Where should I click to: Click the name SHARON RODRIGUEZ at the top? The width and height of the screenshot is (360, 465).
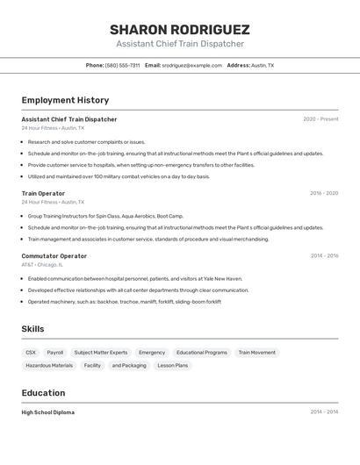(180, 29)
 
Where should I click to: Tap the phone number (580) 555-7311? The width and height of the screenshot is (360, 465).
(122, 65)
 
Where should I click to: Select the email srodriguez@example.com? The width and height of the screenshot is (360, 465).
(192, 65)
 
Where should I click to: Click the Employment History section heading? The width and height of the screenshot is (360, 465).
(65, 100)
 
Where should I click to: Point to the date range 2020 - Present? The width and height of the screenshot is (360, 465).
(320, 119)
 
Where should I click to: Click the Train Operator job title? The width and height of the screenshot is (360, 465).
(43, 193)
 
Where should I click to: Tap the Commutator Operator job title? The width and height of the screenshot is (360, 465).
(54, 256)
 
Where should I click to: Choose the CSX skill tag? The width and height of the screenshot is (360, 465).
(31, 352)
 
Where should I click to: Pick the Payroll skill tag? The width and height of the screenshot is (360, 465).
(55, 352)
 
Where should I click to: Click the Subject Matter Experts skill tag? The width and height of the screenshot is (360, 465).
(101, 352)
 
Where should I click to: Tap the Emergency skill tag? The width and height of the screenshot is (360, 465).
(152, 352)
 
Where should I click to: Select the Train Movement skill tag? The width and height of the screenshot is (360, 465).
(256, 352)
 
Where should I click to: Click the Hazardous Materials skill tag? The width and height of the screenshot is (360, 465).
(49, 365)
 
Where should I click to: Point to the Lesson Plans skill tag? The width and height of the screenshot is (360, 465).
(172, 365)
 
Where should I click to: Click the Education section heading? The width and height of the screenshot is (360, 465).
(43, 392)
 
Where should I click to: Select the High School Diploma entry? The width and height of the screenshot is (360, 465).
(48, 412)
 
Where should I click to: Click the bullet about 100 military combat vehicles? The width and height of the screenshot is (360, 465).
(119, 176)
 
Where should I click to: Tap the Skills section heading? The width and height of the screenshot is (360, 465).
(32, 329)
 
